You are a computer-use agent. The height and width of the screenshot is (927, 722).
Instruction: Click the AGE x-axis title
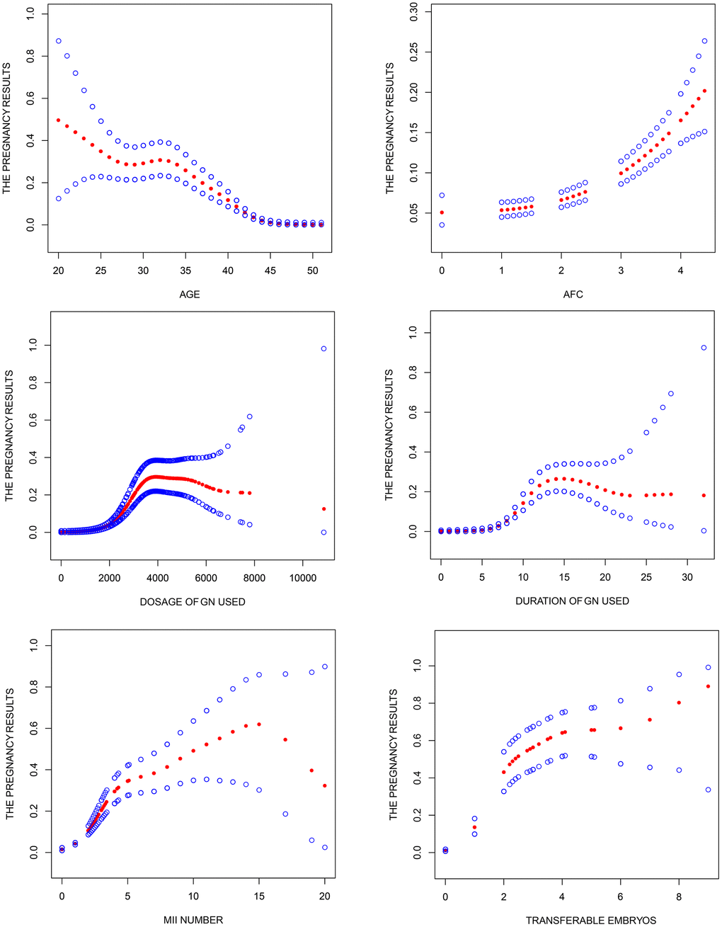point(189,294)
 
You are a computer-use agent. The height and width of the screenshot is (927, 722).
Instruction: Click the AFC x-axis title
point(573,294)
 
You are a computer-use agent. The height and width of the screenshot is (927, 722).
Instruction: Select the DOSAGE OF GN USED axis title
point(193,602)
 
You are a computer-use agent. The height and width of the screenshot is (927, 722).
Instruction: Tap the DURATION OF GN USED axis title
point(572,601)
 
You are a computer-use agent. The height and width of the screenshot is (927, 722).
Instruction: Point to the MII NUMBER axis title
point(193,920)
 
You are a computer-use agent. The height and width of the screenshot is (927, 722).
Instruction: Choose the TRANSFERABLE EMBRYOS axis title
point(590,921)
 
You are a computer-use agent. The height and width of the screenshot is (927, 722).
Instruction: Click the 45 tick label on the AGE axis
point(270,271)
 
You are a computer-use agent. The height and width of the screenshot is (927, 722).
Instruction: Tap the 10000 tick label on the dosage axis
point(303,578)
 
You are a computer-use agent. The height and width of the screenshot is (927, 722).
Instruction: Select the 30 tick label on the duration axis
point(687,577)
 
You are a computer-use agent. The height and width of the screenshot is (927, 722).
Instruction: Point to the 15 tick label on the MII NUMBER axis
point(259,897)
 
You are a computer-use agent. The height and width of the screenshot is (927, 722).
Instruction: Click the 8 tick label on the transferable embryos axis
point(679,897)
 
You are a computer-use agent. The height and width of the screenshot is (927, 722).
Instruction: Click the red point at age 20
point(59,120)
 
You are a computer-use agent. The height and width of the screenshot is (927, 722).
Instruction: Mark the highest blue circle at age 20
point(59,41)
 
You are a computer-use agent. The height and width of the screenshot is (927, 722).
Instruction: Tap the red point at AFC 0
point(442,212)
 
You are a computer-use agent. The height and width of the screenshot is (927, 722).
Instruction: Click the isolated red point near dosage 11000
point(323,508)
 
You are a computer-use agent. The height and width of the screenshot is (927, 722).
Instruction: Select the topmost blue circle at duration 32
point(704,348)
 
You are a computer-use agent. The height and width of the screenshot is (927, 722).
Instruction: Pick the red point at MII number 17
point(285,739)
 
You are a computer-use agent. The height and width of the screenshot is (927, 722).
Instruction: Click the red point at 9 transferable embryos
point(708,686)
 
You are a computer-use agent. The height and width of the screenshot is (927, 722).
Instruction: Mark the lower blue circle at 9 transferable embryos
point(708,790)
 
